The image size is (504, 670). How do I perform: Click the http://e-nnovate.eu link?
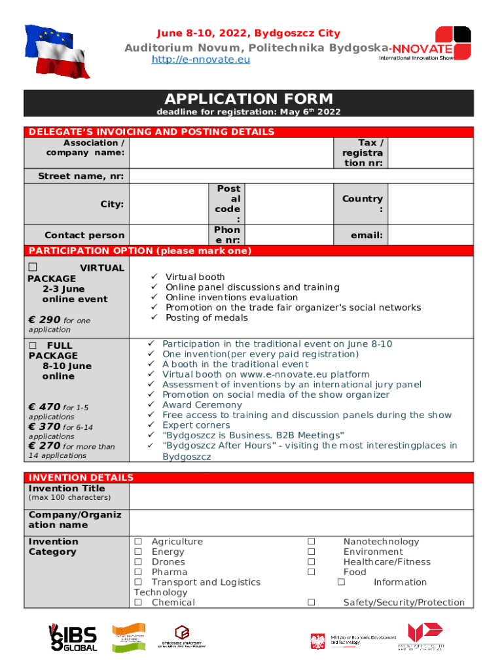[200, 60]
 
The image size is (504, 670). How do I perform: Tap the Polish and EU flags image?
[57, 50]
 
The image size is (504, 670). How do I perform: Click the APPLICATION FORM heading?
[248, 99]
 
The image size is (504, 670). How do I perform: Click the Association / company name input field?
[231, 152]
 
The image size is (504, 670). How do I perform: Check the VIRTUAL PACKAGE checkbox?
[33, 268]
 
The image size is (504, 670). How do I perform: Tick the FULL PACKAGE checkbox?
[33, 345]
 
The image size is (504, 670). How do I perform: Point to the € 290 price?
[45, 320]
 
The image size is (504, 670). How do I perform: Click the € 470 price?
[45, 407]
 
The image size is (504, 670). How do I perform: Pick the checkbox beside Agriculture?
[138, 542]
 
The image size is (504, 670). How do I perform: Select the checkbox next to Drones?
[138, 562]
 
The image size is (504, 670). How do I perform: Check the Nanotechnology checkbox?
[312, 542]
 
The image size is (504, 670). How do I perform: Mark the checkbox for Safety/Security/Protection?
[312, 603]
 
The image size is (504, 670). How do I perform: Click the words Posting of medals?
[207, 318]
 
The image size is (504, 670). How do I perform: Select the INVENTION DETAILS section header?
[81, 478]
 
